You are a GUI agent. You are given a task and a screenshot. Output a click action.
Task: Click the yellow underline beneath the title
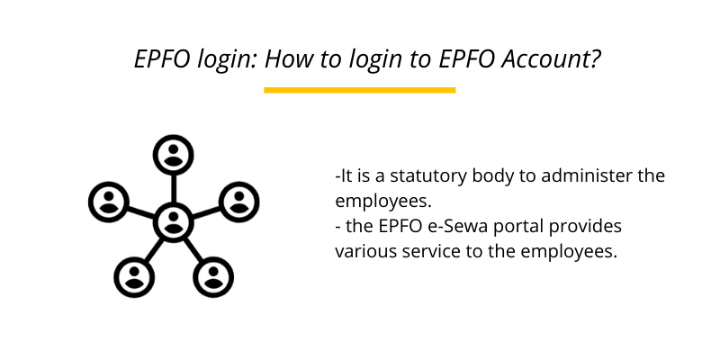[360, 90]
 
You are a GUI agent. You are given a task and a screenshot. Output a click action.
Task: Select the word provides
[589, 226]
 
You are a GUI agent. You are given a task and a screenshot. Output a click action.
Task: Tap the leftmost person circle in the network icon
[110, 201]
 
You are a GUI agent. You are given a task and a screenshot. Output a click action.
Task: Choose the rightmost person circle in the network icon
[238, 201]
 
